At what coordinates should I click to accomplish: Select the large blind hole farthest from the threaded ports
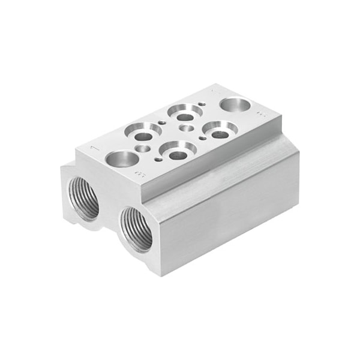point(235,104)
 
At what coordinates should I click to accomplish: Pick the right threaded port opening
point(136,227)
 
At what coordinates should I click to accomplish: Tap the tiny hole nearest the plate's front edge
point(158,160)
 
